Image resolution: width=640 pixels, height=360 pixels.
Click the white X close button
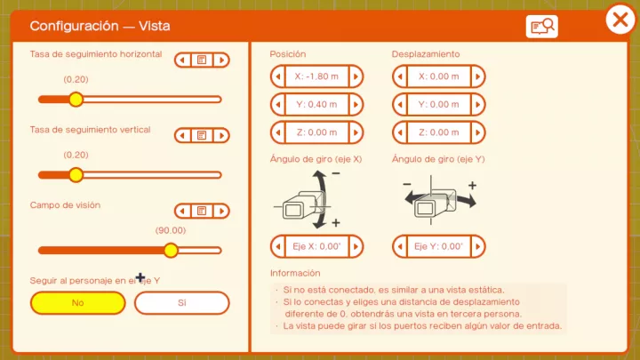coord(620,20)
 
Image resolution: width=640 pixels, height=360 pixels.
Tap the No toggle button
coord(77,302)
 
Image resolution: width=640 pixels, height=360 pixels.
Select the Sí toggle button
coord(181,302)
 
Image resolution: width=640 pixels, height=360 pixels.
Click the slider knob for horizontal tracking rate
coord(76,99)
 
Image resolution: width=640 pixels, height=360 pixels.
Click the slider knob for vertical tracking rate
coord(76,174)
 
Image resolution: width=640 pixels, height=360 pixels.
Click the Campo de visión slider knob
coord(171,250)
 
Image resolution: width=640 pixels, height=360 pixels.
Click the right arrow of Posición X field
coord(355,76)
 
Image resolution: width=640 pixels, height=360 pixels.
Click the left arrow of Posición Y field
coord(278,105)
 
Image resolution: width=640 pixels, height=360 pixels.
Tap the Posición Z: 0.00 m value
coord(316,132)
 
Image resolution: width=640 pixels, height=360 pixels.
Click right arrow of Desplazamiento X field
coord(477,76)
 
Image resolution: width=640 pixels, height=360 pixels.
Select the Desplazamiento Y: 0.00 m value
coord(439,105)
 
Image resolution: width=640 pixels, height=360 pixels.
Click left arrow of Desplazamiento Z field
coord(401,132)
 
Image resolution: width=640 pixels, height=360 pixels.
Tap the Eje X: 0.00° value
coord(316,246)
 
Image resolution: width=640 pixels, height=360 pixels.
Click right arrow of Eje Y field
coord(477,246)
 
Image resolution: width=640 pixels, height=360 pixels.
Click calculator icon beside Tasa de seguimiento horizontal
coord(202,60)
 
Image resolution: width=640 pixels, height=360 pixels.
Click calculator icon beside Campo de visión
coord(202,211)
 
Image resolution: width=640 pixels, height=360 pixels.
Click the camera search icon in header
coord(541,27)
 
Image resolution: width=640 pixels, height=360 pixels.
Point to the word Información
coord(295,273)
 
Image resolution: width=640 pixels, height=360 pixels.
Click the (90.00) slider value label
coord(171,230)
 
